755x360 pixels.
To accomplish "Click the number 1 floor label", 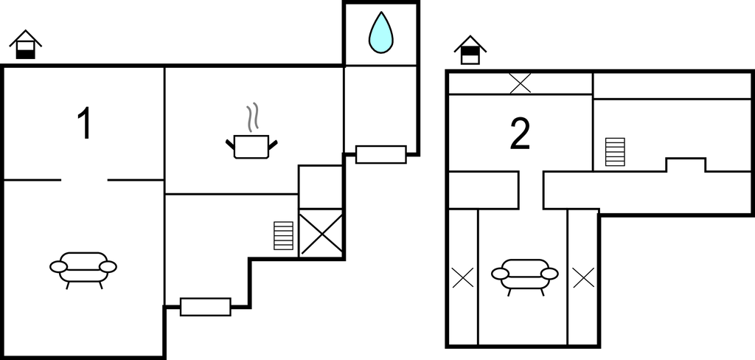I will point(85,124).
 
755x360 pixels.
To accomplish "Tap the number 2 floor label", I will point(521,134).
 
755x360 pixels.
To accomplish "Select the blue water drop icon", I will point(380,33).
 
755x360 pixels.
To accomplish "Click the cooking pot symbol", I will point(251,146).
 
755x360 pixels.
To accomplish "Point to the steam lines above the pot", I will point(252,117).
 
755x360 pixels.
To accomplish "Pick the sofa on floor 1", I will point(83,268).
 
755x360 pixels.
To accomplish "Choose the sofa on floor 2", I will point(525,274).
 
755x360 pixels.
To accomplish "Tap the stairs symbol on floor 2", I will point(615,152).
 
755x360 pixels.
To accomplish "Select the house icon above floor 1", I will point(26,44).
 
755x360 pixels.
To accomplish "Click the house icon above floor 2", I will point(470,50).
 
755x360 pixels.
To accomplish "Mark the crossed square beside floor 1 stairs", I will point(321,234).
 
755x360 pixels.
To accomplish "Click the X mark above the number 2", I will point(521,83).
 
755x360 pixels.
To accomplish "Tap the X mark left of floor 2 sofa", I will point(462,277).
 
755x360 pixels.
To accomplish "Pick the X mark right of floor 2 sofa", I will point(583,277).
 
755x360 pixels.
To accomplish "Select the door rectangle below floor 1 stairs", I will point(206,306).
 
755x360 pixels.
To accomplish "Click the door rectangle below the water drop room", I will point(380,154).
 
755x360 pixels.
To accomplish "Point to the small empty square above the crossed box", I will point(321,187).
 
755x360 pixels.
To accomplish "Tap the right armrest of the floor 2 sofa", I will point(549,274).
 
